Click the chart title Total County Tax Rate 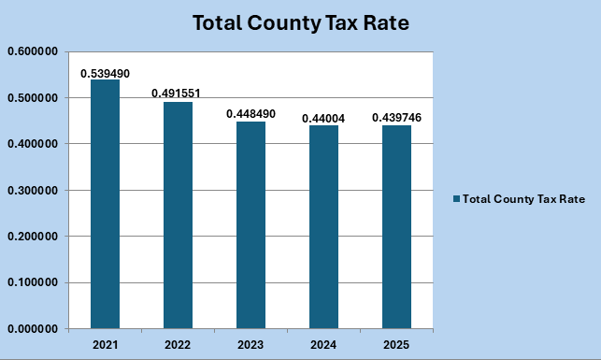tap(300, 23)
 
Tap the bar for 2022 tap(178, 215)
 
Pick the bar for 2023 tap(250, 224)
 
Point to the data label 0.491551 tap(177, 94)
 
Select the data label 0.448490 tap(250, 114)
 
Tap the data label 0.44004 tap(323, 118)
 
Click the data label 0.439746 tap(396, 118)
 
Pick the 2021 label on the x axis tap(105, 344)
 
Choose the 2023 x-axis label tap(250, 344)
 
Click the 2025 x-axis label tap(396, 344)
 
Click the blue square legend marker tap(456, 199)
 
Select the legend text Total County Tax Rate tap(523, 199)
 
